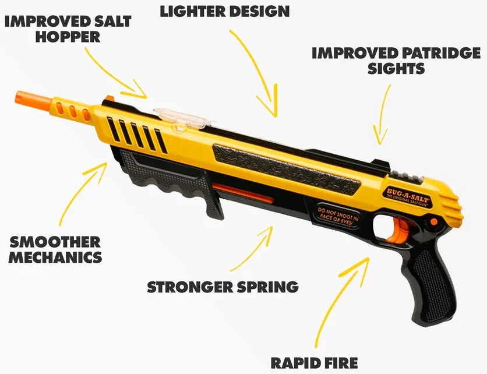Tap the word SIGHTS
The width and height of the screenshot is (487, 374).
[x=396, y=69]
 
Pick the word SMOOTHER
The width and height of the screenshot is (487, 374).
[x=54, y=242]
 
